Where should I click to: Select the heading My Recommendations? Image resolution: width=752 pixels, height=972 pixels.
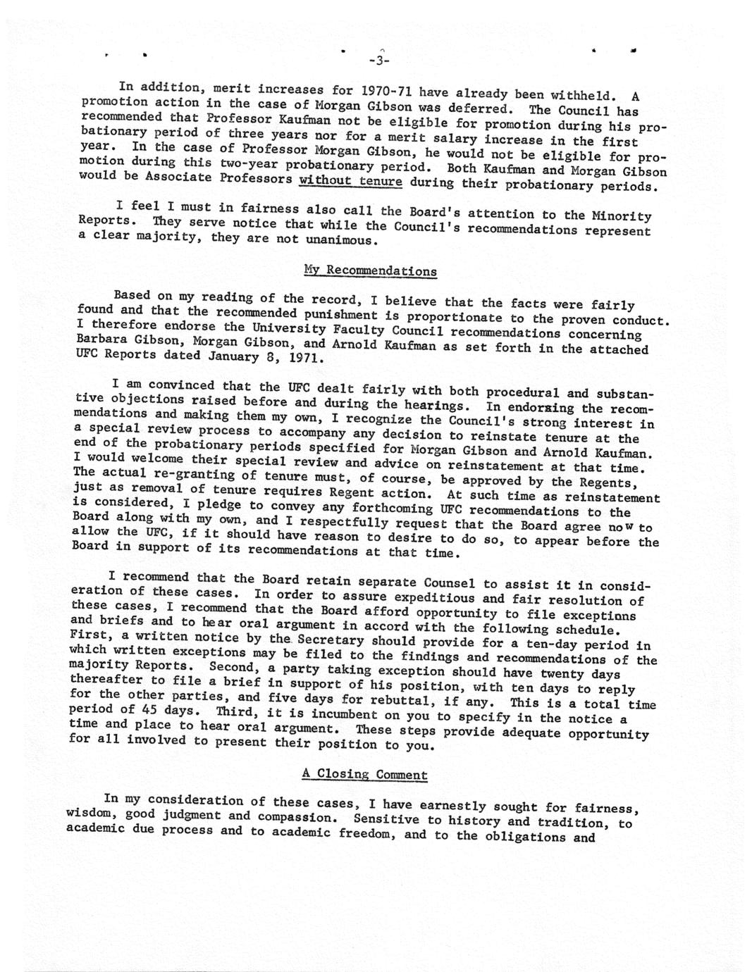370,270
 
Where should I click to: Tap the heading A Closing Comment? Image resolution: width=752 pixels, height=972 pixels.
364,774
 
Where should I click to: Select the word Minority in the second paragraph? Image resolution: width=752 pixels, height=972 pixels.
622,216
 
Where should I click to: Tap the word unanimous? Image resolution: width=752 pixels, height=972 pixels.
341,240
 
